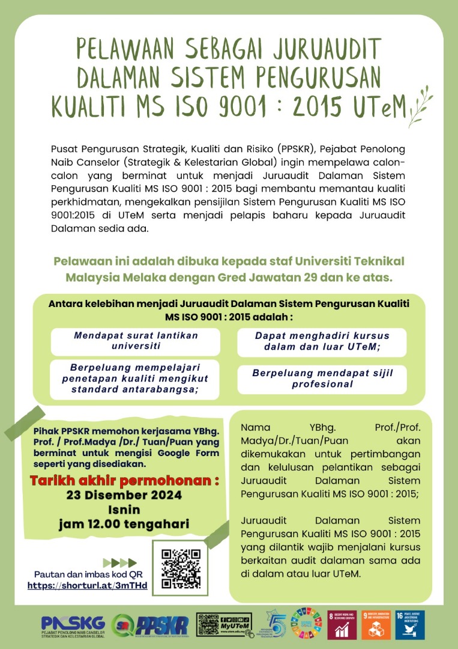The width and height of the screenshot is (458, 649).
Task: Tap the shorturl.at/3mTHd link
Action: (88, 585)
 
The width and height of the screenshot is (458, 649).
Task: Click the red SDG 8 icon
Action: (344, 625)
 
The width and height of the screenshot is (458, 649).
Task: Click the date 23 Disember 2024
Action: (124, 496)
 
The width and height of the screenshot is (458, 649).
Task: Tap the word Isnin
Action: (124, 510)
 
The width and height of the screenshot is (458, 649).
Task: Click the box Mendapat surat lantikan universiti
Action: (136, 341)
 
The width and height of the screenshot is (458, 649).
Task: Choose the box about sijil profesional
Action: (322, 379)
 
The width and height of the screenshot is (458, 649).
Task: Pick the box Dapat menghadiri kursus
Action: (322, 341)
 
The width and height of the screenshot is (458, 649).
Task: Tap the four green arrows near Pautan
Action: (120, 563)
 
